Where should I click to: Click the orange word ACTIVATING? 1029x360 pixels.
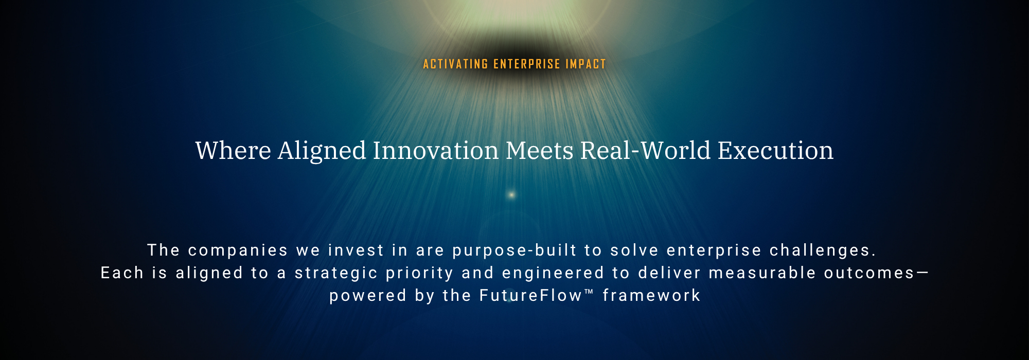pyautogui.click(x=455, y=64)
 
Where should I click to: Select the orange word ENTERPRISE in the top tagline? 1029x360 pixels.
pyautogui.click(x=527, y=64)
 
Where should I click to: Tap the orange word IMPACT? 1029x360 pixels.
pyautogui.click(x=586, y=64)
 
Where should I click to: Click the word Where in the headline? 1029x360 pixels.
pyautogui.click(x=233, y=151)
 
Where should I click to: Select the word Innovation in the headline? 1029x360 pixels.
pyautogui.click(x=436, y=151)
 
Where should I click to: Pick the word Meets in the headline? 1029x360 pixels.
pyautogui.click(x=540, y=151)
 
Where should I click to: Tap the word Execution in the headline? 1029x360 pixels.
pyautogui.click(x=775, y=151)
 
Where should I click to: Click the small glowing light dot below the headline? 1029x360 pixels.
pyautogui.click(x=511, y=194)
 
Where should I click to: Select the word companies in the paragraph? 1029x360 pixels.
pyautogui.click(x=238, y=250)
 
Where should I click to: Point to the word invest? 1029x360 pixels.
pyautogui.click(x=356, y=250)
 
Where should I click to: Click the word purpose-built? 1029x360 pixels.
pyautogui.click(x=514, y=250)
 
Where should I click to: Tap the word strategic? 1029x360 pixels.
pyautogui.click(x=336, y=273)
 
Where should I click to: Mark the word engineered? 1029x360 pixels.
pyautogui.click(x=553, y=273)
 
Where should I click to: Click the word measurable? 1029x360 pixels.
pyautogui.click(x=762, y=273)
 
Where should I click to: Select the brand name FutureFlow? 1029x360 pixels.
pyautogui.click(x=531, y=295)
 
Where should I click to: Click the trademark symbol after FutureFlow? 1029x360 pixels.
pyautogui.click(x=589, y=292)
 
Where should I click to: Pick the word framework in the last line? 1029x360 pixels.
pyautogui.click(x=651, y=295)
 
